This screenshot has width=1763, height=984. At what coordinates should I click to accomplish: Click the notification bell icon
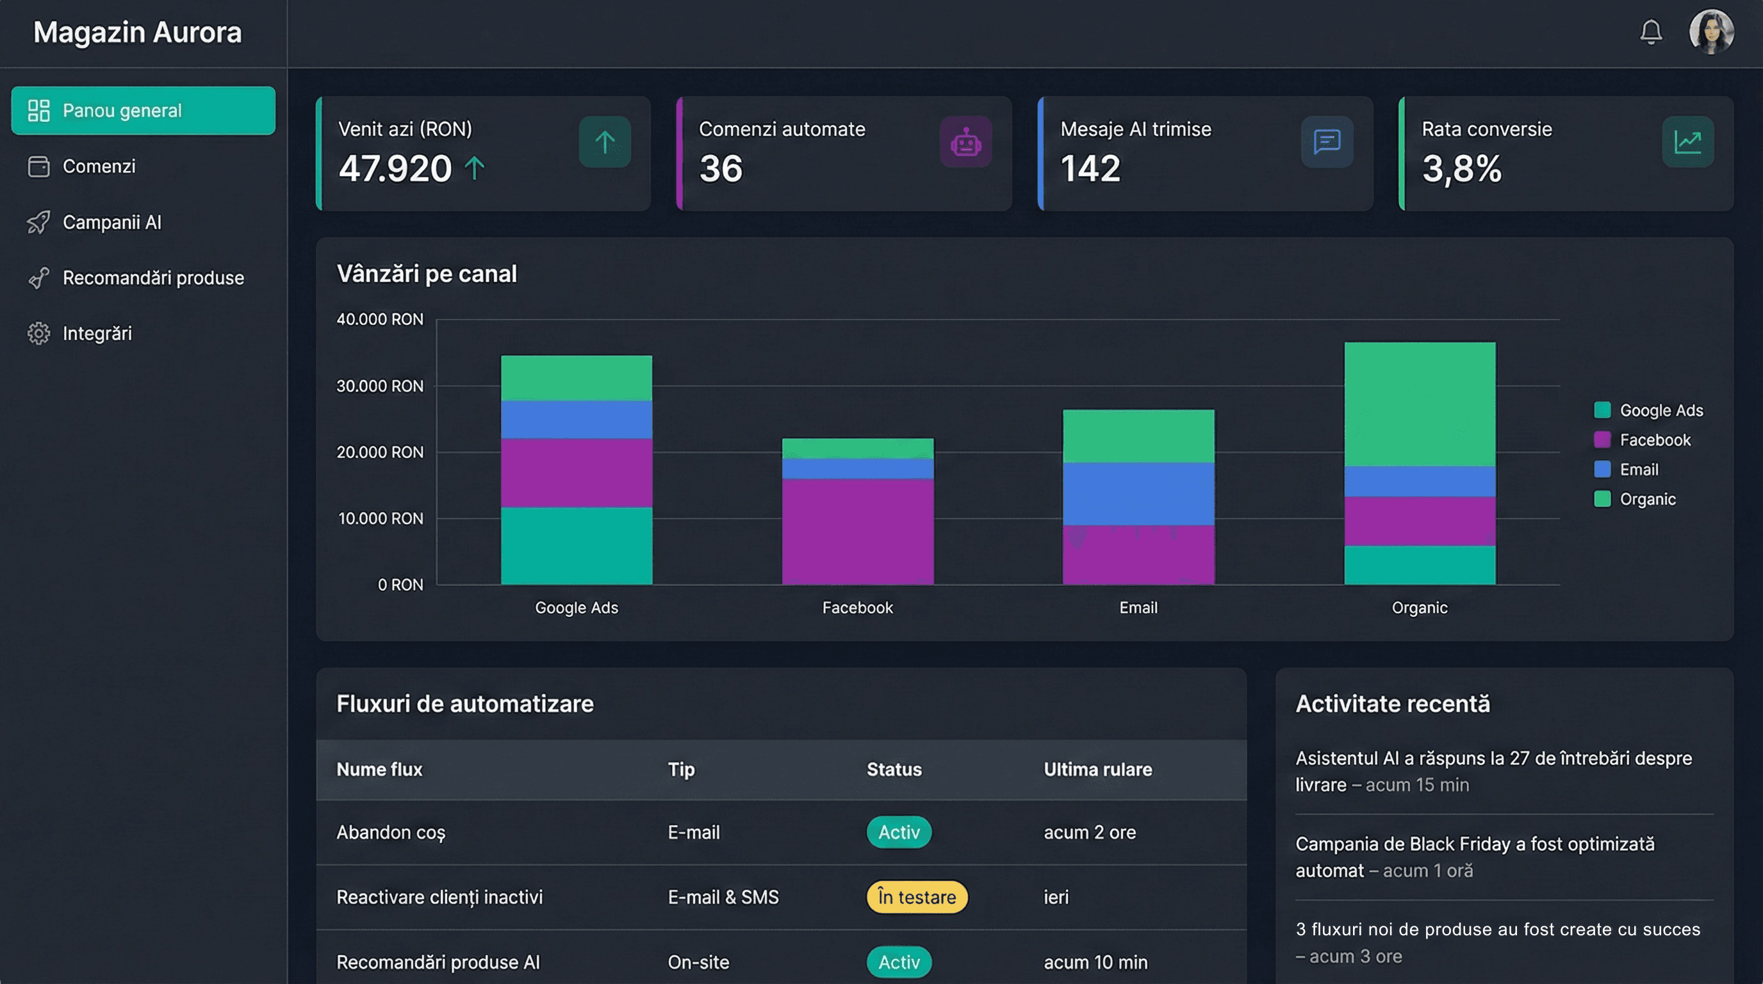[x=1651, y=31]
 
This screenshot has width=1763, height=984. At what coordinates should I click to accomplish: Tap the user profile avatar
[x=1711, y=31]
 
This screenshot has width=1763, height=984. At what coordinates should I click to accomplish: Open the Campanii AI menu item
[x=111, y=222]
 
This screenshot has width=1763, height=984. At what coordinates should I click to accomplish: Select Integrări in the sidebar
[x=97, y=333]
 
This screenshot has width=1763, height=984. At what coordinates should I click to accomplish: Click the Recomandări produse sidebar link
[x=152, y=278]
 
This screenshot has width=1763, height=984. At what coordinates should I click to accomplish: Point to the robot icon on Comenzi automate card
[x=965, y=142]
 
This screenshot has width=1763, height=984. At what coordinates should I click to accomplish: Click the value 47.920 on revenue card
[x=395, y=168]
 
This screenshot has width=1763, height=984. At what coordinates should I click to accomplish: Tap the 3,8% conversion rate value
[x=1461, y=168]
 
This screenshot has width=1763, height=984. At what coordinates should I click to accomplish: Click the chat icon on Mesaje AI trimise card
[x=1326, y=142]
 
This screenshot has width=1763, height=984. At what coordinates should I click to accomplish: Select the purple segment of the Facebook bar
[x=858, y=531]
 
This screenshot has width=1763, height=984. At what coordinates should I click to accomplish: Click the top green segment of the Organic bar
[x=1420, y=404]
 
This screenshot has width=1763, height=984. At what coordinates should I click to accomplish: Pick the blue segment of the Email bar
[x=1138, y=493]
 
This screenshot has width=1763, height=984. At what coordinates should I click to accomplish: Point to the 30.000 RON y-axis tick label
[x=380, y=386]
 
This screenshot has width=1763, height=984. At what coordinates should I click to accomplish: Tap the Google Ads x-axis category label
[x=577, y=608]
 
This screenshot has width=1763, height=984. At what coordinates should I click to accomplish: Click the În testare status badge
[x=916, y=897]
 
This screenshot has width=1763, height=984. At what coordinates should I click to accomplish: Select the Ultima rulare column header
[x=1097, y=769]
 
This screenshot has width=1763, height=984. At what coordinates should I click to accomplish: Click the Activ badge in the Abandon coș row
[x=899, y=832]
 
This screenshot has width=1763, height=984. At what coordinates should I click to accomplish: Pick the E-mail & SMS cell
[x=723, y=897]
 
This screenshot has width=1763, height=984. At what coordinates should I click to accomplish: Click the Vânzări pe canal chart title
[x=427, y=274]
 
